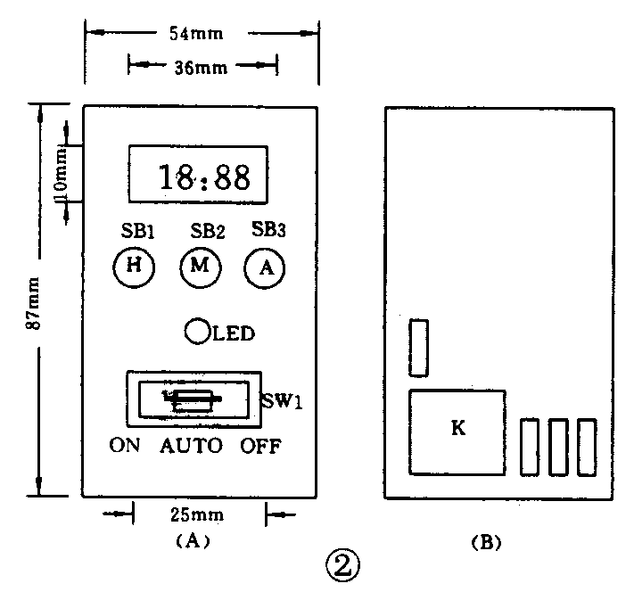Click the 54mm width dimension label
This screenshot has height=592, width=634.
click(197, 34)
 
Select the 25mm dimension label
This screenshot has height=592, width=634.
click(198, 514)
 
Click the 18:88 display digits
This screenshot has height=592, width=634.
click(203, 177)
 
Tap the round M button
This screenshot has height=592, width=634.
click(198, 266)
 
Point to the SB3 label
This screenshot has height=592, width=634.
click(268, 229)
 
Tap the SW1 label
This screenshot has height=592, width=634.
click(284, 400)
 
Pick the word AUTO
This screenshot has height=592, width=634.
click(191, 446)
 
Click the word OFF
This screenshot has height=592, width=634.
click(260, 446)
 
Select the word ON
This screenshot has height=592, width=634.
click(125, 446)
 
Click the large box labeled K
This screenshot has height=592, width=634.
click(457, 431)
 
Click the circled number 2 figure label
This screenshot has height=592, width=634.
click(342, 564)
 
